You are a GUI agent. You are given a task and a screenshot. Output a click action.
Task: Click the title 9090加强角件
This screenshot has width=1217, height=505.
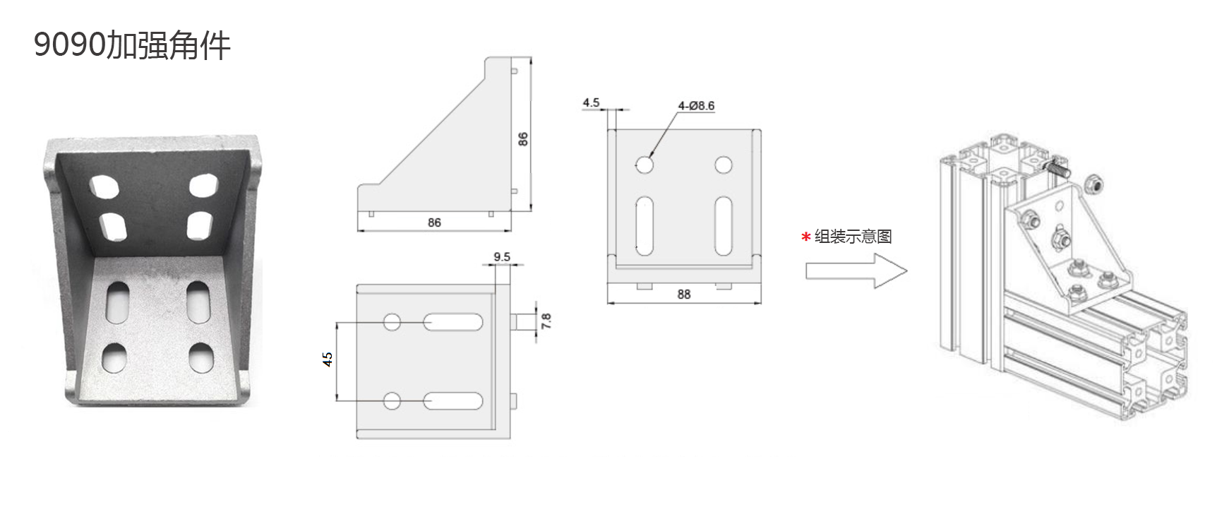tap(132, 46)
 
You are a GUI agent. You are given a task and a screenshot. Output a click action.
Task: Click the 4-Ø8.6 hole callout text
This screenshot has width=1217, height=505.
tap(696, 106)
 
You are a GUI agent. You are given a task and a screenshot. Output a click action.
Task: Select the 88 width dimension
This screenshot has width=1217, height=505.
tap(684, 294)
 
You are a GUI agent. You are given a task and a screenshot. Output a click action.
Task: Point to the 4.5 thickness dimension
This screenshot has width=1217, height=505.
tap(591, 102)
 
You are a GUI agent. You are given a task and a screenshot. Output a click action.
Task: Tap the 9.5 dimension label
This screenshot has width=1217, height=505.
tap(502, 256)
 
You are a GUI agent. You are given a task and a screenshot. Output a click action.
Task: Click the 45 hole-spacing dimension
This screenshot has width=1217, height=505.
tap(328, 360)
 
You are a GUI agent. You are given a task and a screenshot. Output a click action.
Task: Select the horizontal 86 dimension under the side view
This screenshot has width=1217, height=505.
tap(434, 222)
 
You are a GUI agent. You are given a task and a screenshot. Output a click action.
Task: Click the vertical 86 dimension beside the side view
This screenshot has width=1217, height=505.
tap(523, 139)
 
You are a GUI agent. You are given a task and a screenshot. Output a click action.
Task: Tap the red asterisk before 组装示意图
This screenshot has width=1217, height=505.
tap(805, 238)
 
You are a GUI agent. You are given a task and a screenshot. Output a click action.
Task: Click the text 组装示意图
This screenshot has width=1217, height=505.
tap(853, 237)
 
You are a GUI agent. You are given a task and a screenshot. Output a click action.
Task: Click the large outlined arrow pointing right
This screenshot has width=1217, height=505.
tap(856, 271)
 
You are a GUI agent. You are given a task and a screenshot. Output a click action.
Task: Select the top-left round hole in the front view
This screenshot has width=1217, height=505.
tap(644, 165)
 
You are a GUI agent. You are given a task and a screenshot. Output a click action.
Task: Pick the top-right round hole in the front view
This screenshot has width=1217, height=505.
tap(723, 165)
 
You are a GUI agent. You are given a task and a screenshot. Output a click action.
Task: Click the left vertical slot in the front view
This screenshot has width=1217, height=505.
tap(644, 226)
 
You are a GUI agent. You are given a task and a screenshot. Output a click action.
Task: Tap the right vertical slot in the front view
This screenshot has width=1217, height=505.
tap(723, 226)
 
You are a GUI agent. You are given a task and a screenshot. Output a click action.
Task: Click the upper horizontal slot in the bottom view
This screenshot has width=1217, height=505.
tap(453, 323)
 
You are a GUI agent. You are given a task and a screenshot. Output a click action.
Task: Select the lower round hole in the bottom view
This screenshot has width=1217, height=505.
tap(392, 401)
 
